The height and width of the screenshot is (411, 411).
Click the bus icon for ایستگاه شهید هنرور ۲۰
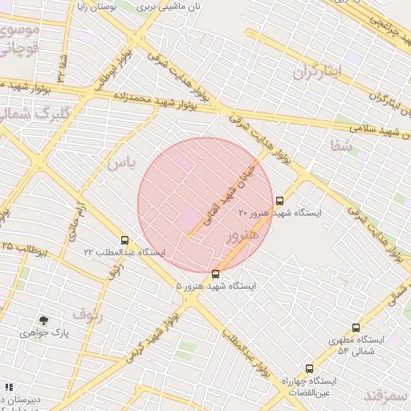279,201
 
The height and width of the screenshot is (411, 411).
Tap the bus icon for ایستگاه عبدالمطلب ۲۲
124,240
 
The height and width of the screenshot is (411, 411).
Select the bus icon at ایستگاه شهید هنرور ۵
215,275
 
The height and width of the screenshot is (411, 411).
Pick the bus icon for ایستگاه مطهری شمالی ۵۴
356,328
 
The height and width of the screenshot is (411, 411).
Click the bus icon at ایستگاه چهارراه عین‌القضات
309,368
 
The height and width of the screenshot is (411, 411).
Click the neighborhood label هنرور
243,236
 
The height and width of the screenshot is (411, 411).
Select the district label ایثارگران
317,71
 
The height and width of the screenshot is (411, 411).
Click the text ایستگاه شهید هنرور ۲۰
280,213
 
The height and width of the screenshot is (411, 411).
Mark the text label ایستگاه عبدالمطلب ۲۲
124,252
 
